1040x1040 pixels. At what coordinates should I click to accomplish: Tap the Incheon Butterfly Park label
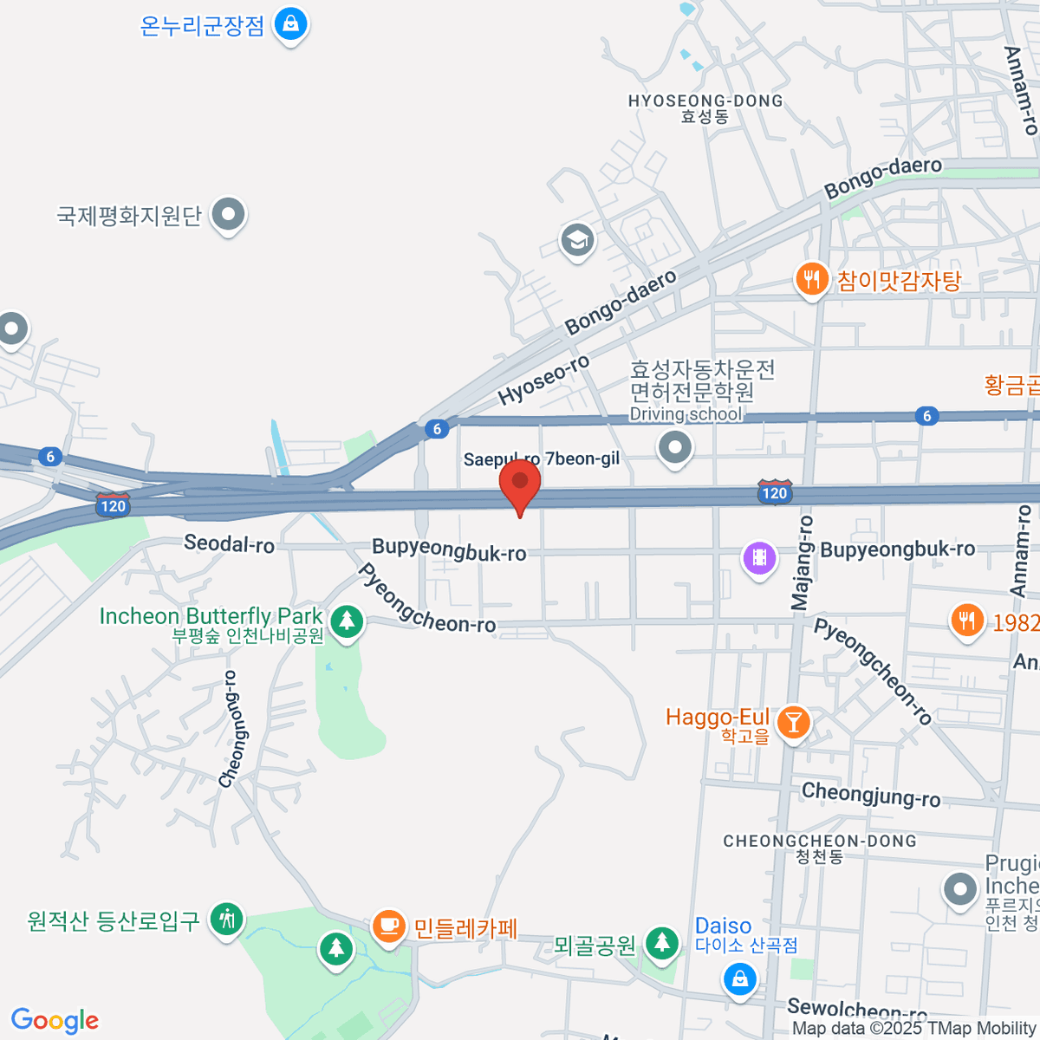(211, 616)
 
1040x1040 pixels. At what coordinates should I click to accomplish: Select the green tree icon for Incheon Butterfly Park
(348, 621)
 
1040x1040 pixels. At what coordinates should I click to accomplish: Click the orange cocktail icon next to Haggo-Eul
(792, 721)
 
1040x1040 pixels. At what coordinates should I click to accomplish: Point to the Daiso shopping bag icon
(739, 980)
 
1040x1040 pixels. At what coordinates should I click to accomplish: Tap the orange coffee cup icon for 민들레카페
(389, 926)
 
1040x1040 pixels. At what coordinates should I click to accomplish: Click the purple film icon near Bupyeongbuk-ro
(759, 557)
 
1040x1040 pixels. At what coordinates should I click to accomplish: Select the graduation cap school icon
(577, 239)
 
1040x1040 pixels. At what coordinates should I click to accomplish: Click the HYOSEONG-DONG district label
(705, 101)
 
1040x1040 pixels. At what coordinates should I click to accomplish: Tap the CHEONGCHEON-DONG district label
(819, 841)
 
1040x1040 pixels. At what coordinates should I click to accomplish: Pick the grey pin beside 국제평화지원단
(230, 213)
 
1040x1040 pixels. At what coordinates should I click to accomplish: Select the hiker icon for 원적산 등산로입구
(228, 920)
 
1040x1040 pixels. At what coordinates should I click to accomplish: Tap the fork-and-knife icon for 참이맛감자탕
(811, 279)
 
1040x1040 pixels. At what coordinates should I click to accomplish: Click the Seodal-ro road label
(229, 544)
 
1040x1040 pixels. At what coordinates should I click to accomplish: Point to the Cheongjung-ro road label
(870, 794)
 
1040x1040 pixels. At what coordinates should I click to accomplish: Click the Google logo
(55, 1020)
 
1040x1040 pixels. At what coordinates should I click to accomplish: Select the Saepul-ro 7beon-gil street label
(541, 458)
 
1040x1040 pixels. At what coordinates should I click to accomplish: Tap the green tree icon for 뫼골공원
(663, 942)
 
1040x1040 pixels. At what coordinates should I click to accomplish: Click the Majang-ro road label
(803, 562)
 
